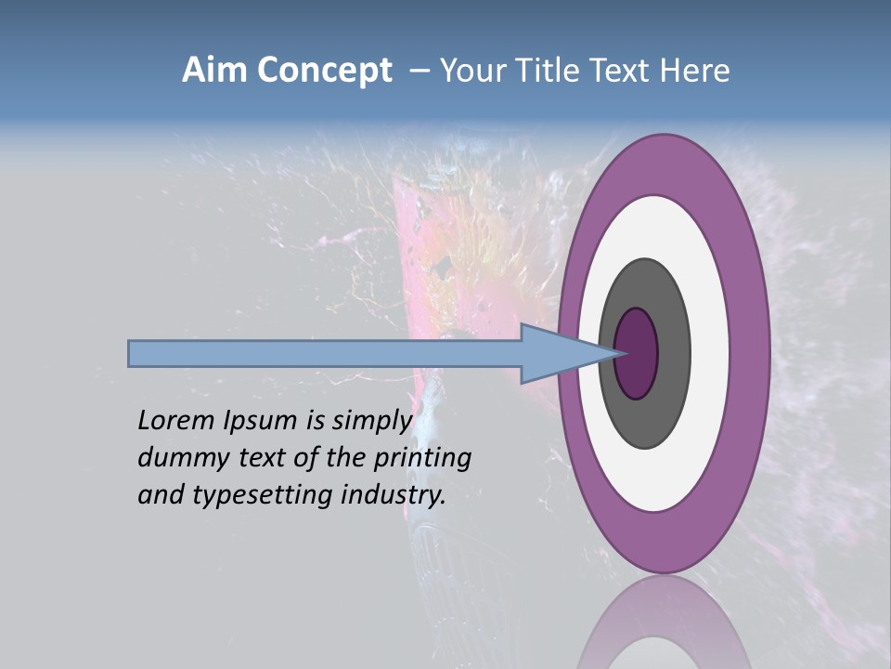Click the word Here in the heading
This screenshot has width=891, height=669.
click(695, 71)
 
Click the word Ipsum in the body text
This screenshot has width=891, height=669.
click(260, 422)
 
